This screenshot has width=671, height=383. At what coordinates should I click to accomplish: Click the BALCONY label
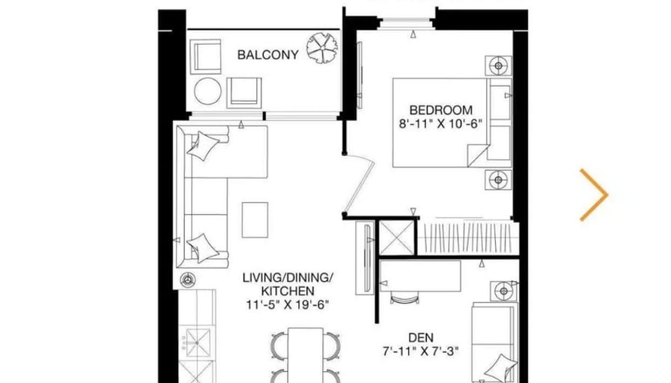point(268,55)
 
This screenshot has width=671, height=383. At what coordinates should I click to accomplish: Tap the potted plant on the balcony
point(322,49)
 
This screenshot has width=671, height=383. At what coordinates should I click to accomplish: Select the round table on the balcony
point(207,91)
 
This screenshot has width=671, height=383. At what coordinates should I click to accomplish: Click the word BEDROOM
point(441,110)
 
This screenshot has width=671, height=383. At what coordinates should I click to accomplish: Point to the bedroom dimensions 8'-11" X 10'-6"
point(441,124)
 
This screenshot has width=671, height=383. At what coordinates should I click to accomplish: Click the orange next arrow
point(594,195)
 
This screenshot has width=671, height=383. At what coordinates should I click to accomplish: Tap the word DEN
point(421,337)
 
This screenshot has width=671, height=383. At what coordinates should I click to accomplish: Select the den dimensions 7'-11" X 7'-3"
point(421,352)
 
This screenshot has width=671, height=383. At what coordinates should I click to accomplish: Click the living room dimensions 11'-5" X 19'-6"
point(288,304)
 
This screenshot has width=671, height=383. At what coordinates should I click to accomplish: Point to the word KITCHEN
point(288,291)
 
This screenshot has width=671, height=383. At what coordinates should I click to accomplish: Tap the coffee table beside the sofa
point(255,220)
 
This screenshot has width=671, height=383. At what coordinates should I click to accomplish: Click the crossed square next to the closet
point(397,238)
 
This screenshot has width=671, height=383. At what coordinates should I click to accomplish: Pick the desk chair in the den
point(404,298)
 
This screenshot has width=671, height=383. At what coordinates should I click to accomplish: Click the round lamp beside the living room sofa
point(187,281)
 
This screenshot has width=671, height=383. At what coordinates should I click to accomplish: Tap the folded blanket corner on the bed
point(478,155)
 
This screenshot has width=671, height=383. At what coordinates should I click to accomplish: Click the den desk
point(420,276)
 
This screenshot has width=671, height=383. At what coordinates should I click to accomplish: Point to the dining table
point(306,355)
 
